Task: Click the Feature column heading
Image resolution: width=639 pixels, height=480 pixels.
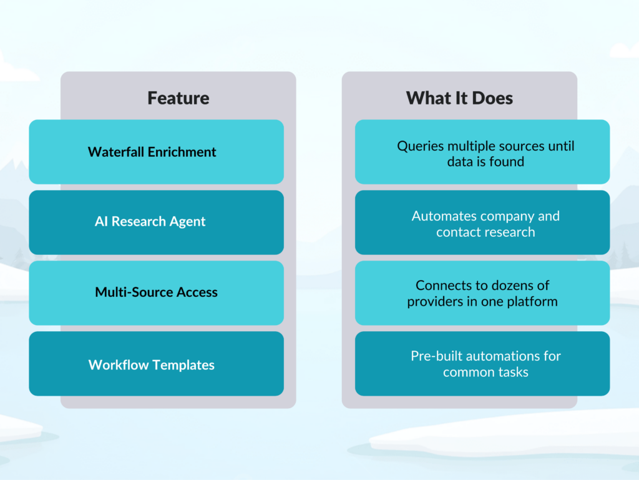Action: point(178,98)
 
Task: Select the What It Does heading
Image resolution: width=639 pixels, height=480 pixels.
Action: point(459,98)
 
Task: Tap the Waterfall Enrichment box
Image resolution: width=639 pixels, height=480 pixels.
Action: point(156,152)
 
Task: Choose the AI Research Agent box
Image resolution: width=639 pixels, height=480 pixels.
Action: point(156,222)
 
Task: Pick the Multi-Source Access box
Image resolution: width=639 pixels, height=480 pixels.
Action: point(156,292)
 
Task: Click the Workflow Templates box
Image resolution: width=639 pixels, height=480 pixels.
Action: point(156,364)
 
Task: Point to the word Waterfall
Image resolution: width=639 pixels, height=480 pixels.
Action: point(114,152)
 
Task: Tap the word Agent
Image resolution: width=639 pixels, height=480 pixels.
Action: point(187,222)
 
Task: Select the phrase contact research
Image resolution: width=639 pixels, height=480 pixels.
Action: point(485,232)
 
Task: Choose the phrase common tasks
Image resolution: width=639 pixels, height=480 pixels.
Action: point(485,372)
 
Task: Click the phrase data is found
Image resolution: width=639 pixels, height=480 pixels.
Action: point(485,162)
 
